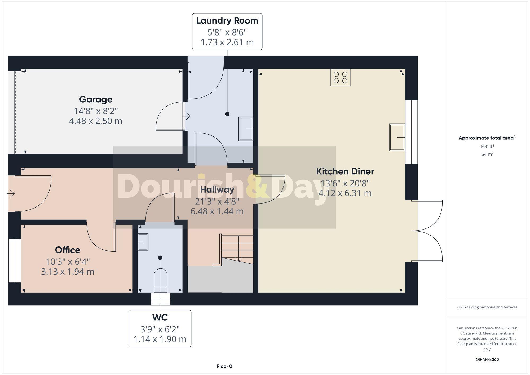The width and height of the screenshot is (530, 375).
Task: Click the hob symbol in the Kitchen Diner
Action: (340, 77)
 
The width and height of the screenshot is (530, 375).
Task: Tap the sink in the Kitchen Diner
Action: (397, 137)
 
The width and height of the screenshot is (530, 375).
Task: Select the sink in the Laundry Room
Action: (246, 129)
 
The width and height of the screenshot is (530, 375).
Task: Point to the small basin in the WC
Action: (143, 242)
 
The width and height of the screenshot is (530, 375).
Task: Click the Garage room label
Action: (96, 99)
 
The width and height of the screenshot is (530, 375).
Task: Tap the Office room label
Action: (68, 250)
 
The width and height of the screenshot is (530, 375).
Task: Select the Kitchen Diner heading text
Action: (345, 171)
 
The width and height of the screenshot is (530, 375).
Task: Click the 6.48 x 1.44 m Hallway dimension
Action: (217, 211)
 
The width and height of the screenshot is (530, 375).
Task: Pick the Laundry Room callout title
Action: (227, 21)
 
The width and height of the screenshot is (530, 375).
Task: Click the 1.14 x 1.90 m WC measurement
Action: (160, 339)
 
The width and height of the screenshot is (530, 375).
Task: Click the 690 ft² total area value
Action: (487, 147)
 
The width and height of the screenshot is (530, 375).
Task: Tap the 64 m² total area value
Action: (487, 154)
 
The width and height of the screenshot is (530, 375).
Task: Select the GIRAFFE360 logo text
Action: (487, 359)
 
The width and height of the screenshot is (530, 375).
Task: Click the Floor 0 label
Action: (224, 366)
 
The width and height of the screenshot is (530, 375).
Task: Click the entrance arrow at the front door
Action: (11, 194)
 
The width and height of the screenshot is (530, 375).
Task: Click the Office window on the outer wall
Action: (15, 261)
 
